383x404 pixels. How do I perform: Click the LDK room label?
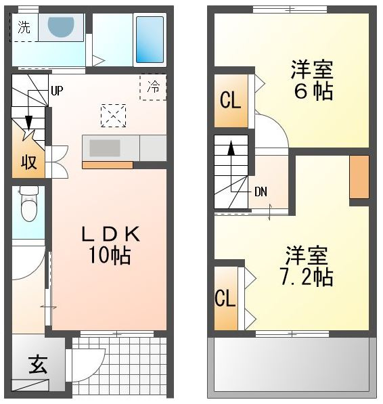pos(111,234)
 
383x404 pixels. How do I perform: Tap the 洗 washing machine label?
pos(24,27)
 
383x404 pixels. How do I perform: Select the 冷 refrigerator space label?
pos(153,87)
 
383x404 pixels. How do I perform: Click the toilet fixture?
pos(29,204)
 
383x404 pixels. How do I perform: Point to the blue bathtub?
pos(150,39)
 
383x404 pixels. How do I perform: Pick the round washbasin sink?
pos(61,26)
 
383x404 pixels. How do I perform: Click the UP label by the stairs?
pos(57,91)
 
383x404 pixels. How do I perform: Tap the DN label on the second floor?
pos(261,192)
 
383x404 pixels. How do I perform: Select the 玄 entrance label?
pos(38,365)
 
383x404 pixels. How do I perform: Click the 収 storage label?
pos(28,162)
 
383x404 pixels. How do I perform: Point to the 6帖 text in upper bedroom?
pos(313,91)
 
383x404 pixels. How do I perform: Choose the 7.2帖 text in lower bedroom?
pos(307,277)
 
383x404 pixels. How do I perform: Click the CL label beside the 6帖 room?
pos(230,100)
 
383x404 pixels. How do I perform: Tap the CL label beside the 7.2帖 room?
pos(225,298)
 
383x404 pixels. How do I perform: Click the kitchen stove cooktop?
pos(105,148)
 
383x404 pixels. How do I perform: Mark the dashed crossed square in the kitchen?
pos(113,116)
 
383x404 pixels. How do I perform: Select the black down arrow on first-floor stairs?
pos(28,122)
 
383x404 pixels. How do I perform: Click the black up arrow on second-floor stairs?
pos(231,148)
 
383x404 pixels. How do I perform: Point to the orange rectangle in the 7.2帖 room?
pos(359,177)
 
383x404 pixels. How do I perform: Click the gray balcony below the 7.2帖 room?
pos(292,367)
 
